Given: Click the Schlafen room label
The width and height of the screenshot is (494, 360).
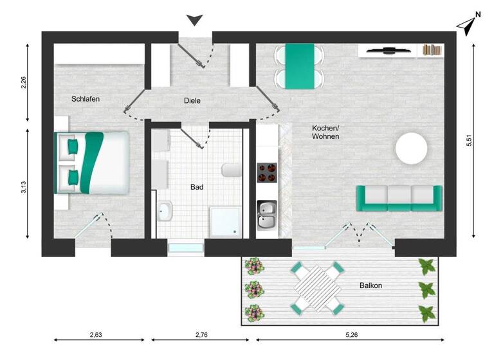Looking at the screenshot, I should pos(86,99).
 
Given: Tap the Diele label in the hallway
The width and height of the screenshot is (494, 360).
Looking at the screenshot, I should pos(192,101).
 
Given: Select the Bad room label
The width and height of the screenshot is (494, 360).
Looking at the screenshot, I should pos(197,188).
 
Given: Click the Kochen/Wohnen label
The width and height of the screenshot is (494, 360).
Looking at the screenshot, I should pos(325,132).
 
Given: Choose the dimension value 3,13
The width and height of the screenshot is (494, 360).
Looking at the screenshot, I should pos(23,187).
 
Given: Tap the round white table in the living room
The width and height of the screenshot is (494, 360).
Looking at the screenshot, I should pos(411,148).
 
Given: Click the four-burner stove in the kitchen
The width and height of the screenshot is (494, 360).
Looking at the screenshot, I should pos(268,173).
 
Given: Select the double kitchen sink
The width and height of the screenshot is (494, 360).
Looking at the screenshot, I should pos(268,215).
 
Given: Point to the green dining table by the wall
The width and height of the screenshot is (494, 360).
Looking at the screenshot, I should pos(299,66).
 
